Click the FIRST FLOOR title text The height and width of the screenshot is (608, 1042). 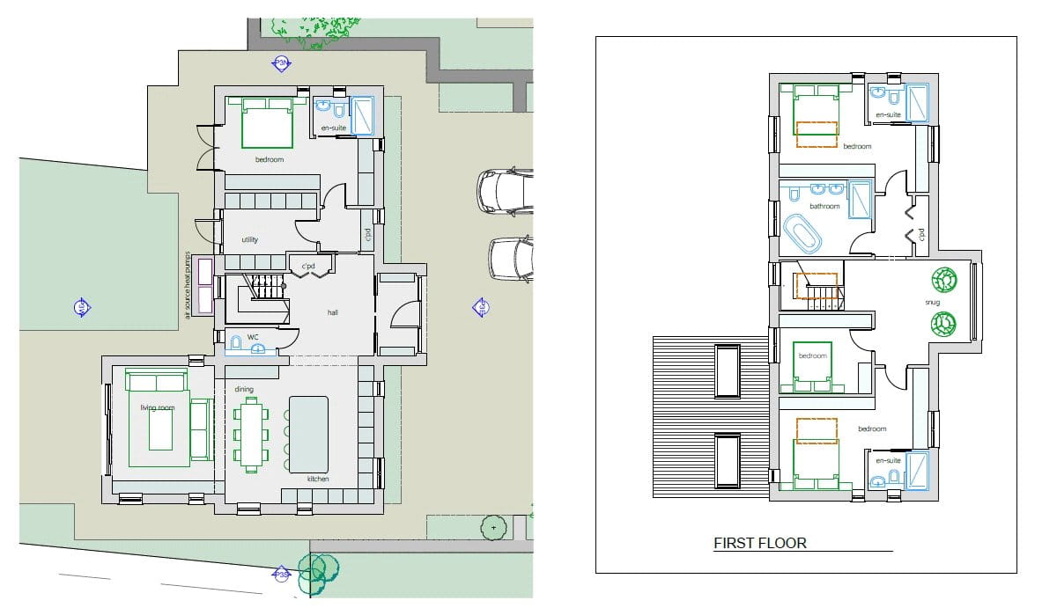tap(759, 544)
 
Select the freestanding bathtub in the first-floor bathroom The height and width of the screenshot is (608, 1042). tap(802, 234)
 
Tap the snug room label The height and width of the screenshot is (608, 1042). tap(933, 303)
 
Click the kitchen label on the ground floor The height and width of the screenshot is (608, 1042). tap(317, 479)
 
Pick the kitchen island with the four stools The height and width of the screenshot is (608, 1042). tap(308, 434)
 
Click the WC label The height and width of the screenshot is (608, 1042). tap(253, 337)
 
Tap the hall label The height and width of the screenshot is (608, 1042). tap(333, 312)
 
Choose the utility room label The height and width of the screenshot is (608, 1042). tap(250, 240)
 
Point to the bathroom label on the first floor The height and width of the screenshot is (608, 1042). tap(824, 207)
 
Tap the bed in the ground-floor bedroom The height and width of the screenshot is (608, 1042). tap(267, 123)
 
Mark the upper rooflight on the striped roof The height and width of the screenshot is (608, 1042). tap(727, 371)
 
